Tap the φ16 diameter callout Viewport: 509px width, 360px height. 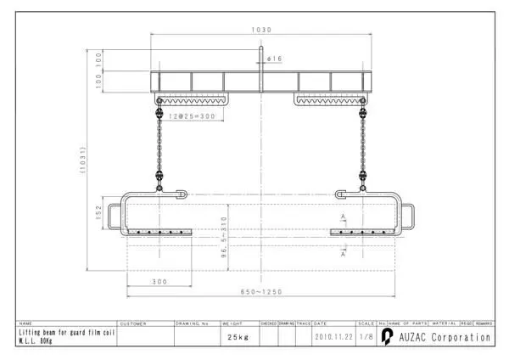pyautogui.click(x=274, y=59)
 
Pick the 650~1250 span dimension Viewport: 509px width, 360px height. pyautogui.click(x=262, y=291)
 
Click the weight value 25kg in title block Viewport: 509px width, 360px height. pyautogui.click(x=238, y=337)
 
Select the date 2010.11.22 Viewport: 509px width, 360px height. pyautogui.click(x=333, y=337)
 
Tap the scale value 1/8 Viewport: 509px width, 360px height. pyautogui.click(x=366, y=337)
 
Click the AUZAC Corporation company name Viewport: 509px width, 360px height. pyautogui.click(x=441, y=337)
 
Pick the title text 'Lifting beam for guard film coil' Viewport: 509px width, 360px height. pyautogui.click(x=65, y=334)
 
